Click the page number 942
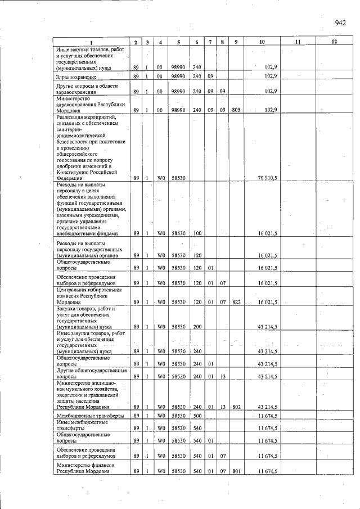[x=340, y=23]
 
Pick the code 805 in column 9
[x=236, y=110]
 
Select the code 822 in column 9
[x=236, y=302]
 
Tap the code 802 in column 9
[x=236, y=407]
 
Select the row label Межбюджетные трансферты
[x=84, y=417]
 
